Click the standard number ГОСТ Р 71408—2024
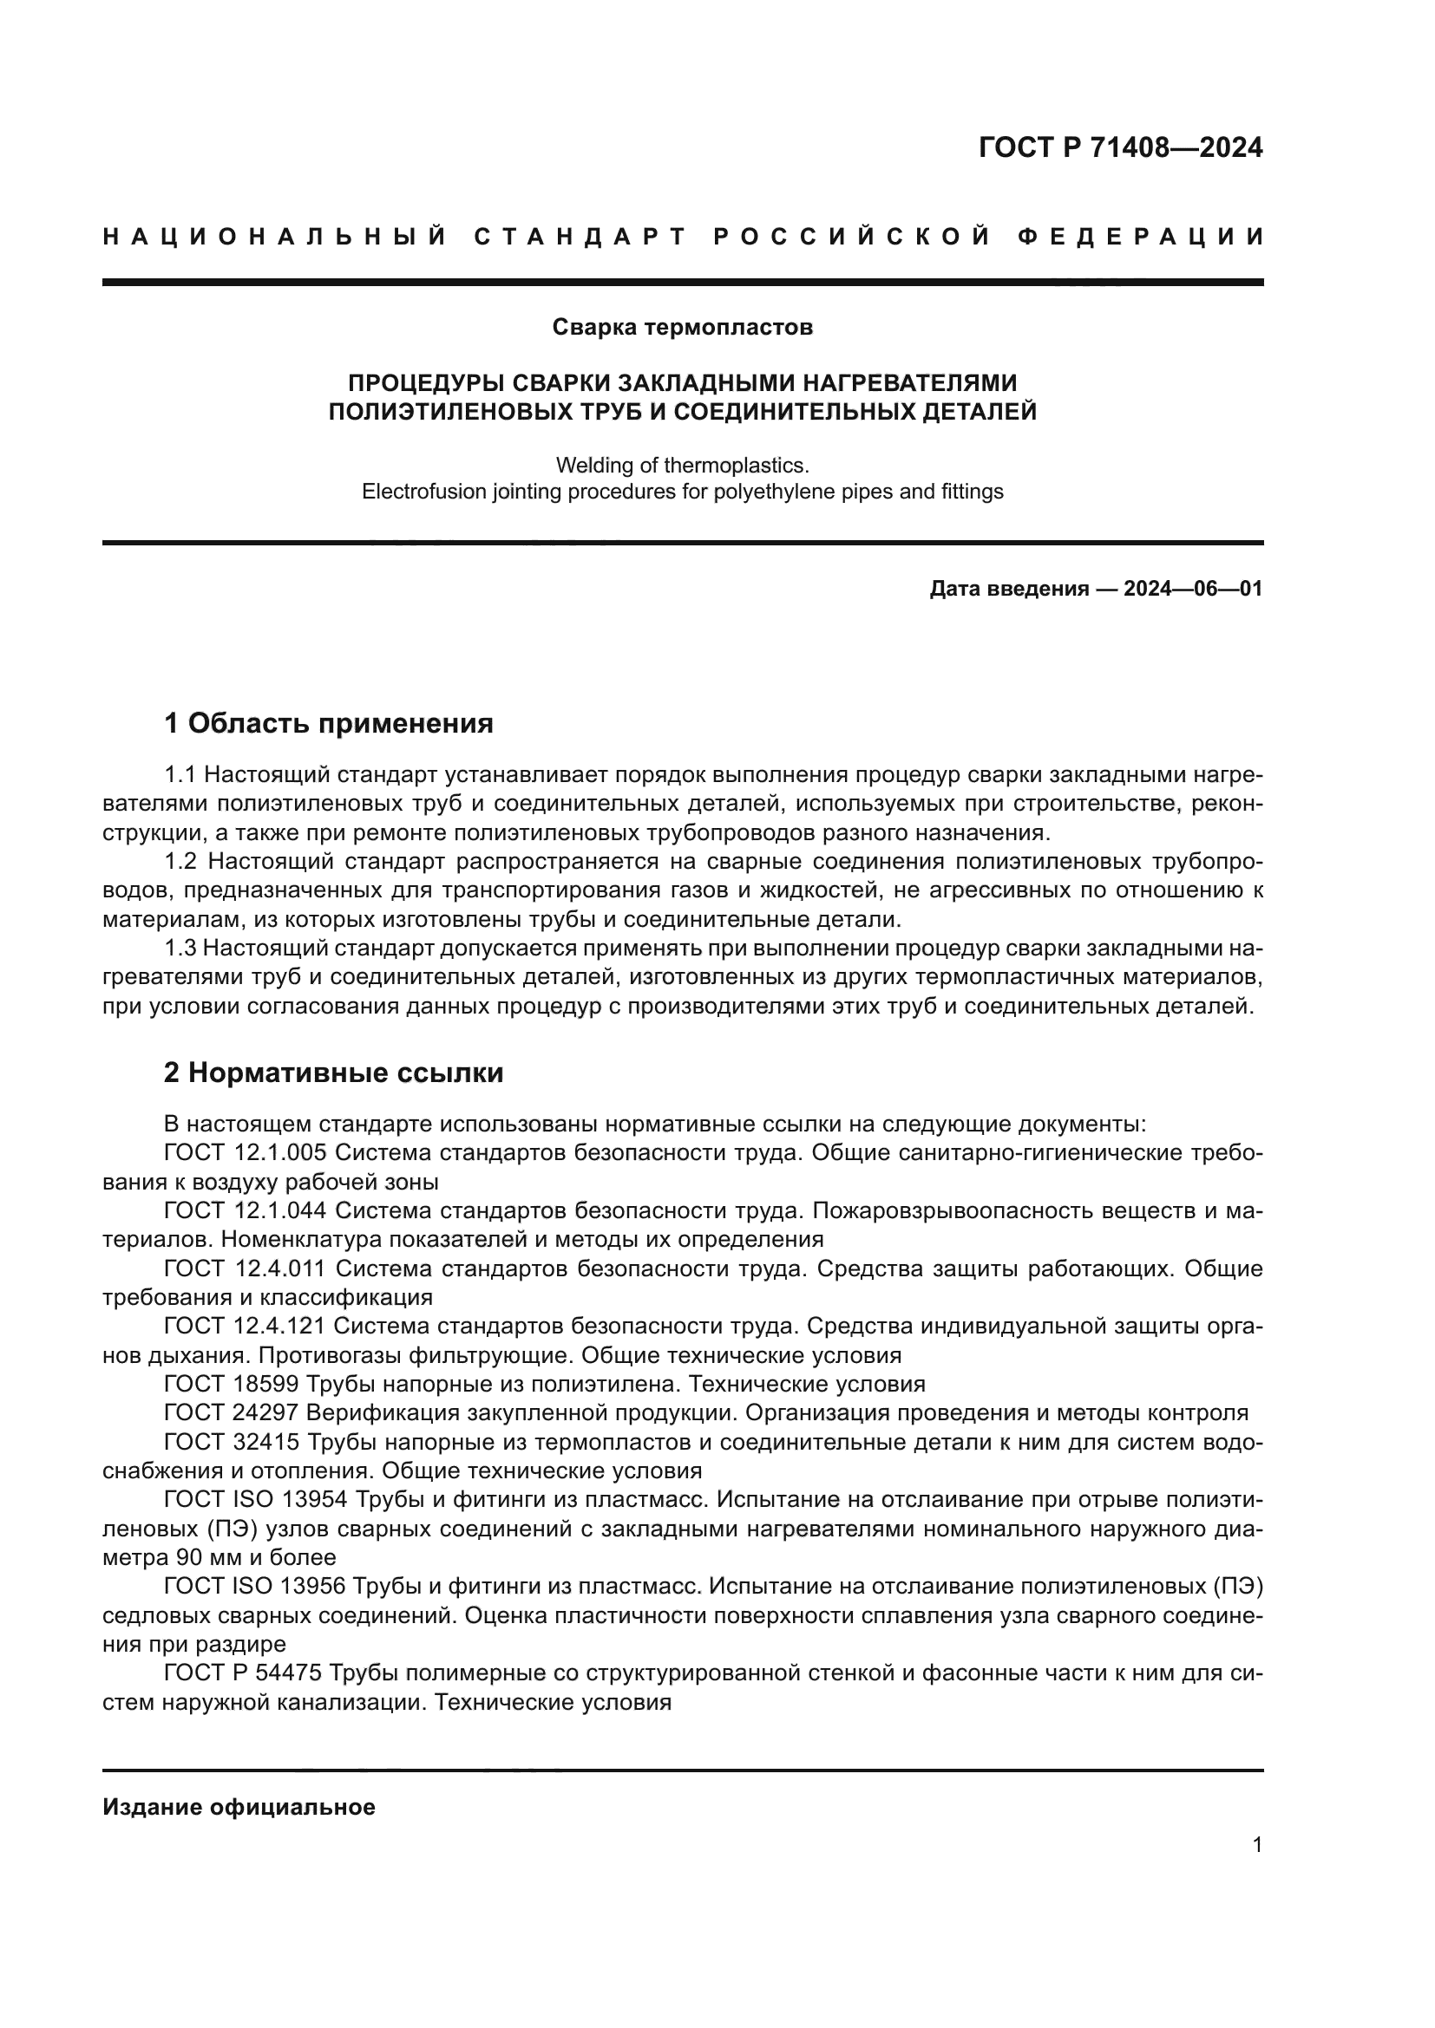(1119, 147)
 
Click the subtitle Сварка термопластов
(682, 328)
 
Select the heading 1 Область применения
(329, 723)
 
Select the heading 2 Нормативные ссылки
(334, 1073)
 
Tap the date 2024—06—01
(1193, 588)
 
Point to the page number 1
(1256, 1844)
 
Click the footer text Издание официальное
(239, 1807)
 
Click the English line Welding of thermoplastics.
(682, 465)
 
